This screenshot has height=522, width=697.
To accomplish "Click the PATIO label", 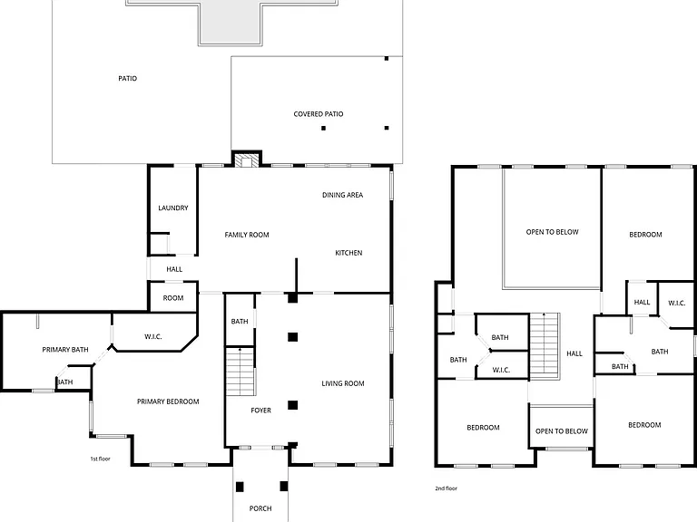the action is [128, 79].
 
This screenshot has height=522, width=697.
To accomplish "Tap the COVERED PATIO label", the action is [319, 114].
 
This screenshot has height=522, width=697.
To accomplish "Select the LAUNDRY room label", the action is [173, 208].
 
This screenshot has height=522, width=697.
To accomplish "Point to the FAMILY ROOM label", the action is [247, 235].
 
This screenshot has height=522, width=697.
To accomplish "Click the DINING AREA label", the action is [342, 195].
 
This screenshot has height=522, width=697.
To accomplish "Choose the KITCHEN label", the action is [348, 253].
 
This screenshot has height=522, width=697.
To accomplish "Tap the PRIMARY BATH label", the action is [65, 350].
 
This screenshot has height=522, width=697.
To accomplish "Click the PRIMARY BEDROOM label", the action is [168, 401].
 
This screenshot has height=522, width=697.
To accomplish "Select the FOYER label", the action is [260, 411].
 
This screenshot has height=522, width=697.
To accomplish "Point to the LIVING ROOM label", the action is [343, 383].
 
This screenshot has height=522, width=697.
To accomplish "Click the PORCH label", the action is [260, 508].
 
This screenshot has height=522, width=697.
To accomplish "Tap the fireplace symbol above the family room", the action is [243, 160].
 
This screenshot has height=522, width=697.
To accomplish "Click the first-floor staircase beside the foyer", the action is [241, 372].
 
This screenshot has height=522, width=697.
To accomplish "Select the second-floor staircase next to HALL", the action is [545, 346].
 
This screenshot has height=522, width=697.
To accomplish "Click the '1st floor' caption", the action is [100, 459].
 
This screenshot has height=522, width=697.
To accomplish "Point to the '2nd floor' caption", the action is [446, 488].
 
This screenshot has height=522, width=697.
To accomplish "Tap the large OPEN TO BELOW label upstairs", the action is [552, 232].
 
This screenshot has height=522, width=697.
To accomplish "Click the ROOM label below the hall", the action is [173, 298].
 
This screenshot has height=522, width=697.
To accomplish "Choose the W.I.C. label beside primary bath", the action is [152, 337].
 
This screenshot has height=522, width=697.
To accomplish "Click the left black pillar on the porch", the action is [240, 487].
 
